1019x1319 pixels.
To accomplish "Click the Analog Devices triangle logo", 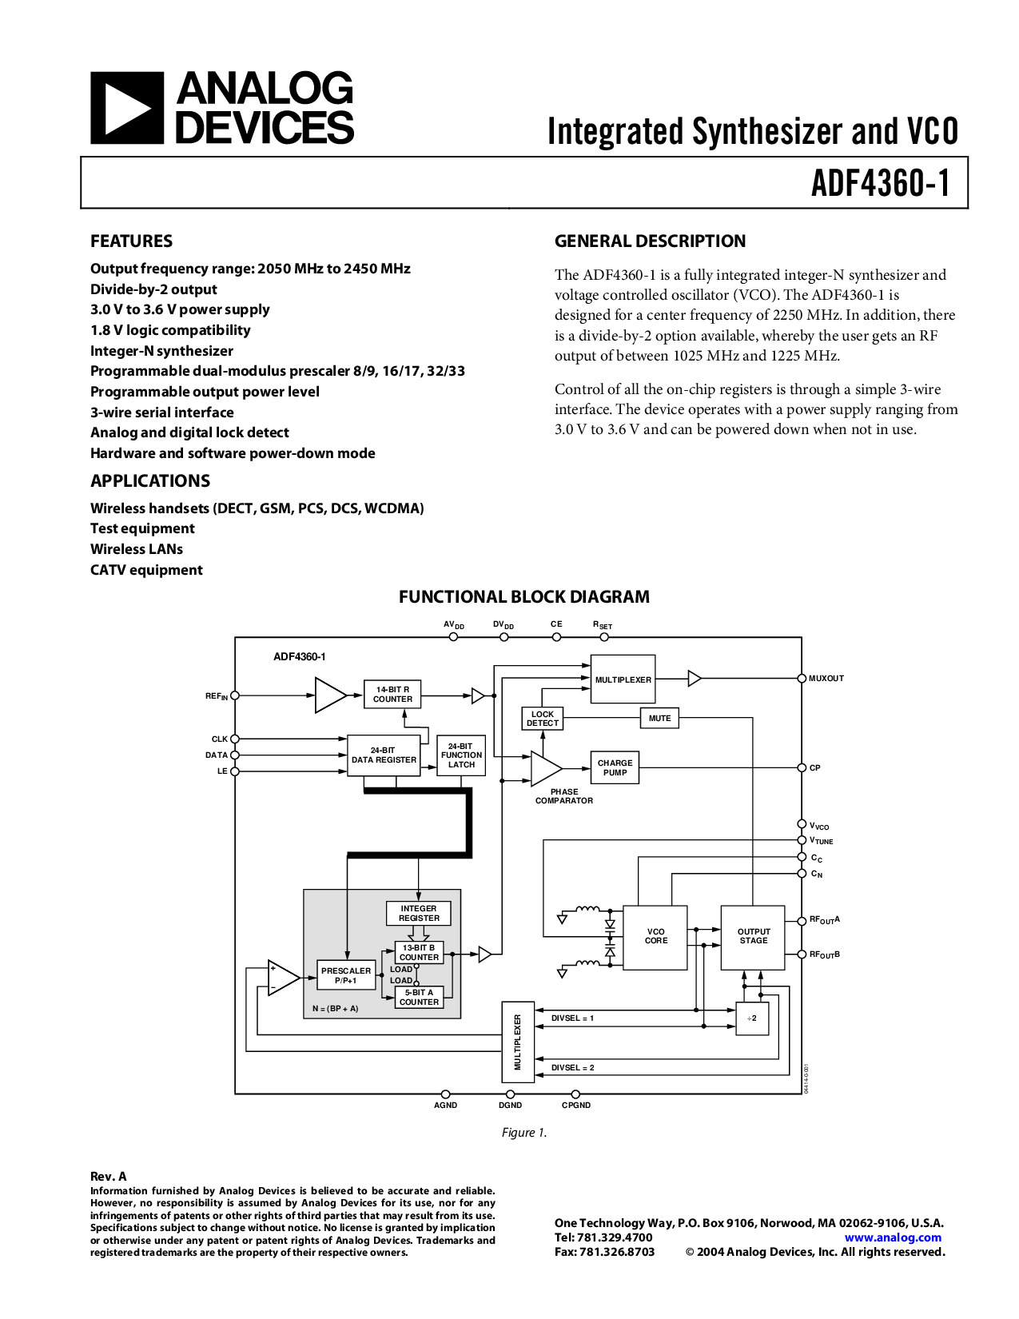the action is point(127,107).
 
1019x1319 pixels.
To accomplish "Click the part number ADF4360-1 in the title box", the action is point(880,183).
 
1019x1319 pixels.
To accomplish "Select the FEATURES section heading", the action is point(131,241).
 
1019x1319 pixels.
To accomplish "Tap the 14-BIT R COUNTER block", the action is point(392,695).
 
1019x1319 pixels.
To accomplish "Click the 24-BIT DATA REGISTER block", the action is point(384,755).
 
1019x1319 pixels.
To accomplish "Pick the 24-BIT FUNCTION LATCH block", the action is point(461,755).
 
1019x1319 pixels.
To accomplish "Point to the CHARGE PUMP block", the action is point(615,767).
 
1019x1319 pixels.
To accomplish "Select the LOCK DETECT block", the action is point(543,719).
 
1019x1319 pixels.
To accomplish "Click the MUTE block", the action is point(659,718).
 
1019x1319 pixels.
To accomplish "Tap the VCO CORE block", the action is point(655,938).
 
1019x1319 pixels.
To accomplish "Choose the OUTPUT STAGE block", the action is point(753,938).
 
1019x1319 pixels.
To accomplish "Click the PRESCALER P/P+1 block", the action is point(345,975).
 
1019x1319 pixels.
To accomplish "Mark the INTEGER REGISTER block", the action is point(418,913).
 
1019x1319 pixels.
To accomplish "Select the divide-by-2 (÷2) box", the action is point(752,1018).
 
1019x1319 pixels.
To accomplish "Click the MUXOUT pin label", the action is point(826,678).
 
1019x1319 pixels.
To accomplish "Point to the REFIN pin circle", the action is point(235,695).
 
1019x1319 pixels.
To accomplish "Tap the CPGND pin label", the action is point(576,1105).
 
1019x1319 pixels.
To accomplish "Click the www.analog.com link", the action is point(893,1237).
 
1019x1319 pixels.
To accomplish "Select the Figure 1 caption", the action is point(524,1132).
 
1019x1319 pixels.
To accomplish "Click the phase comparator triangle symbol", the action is point(546,768).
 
